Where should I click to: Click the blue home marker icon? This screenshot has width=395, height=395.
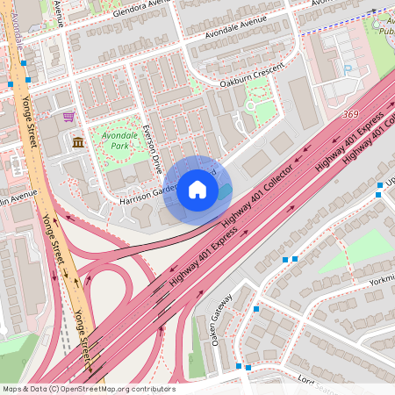197,190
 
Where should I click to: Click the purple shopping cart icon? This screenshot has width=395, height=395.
68,116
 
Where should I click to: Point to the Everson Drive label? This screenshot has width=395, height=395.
154,148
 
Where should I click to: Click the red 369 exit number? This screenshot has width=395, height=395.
350,114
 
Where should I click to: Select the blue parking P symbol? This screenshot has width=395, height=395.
348,68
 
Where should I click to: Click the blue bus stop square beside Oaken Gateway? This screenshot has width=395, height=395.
256,309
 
